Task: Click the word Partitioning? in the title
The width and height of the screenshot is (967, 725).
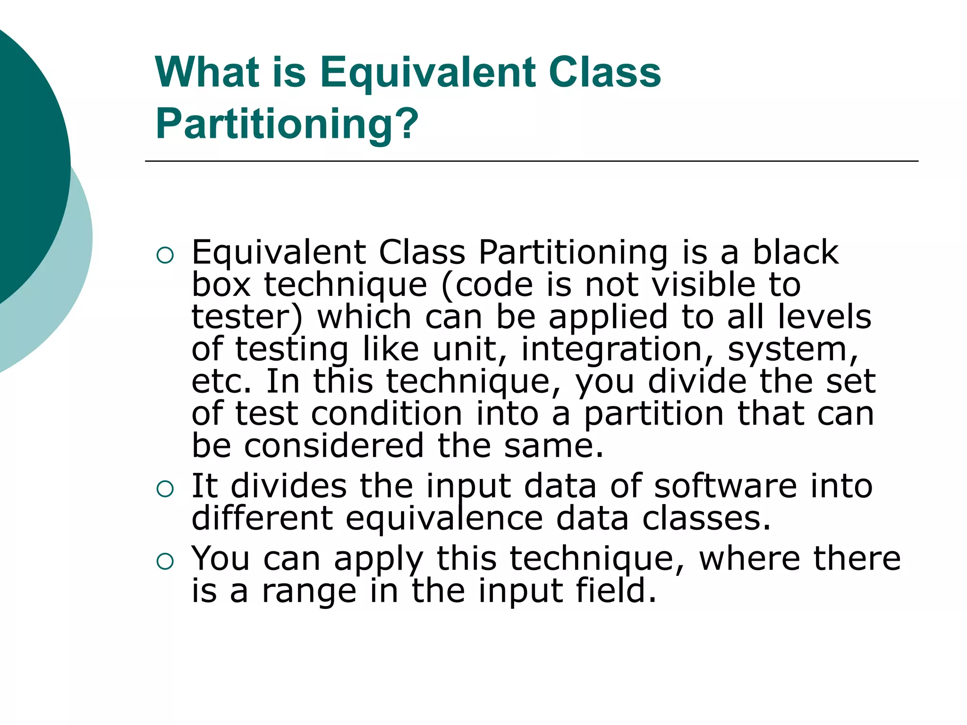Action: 287,124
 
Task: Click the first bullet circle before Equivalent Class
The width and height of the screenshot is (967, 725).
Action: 165,255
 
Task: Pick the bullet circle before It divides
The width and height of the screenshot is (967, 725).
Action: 165,489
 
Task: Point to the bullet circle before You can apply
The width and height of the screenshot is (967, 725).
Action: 165,561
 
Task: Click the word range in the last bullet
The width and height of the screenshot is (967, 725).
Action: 309,591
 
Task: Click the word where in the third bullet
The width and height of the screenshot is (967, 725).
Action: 749,558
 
